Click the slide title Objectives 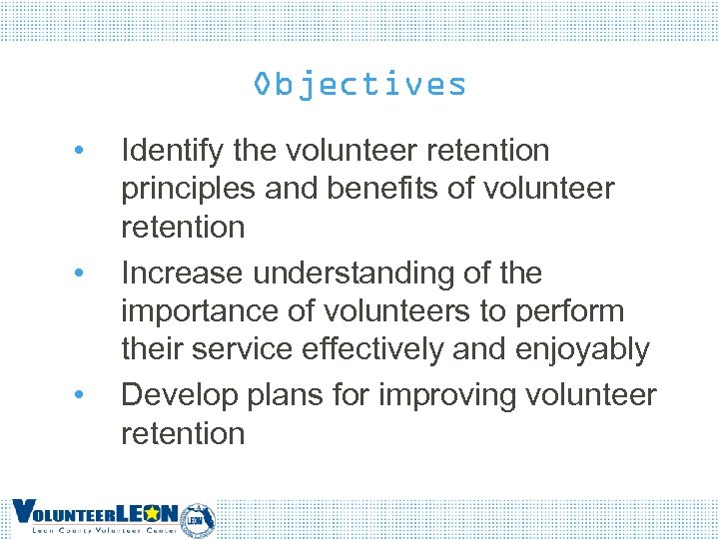click(x=359, y=84)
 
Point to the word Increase click(x=182, y=272)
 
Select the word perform click(x=569, y=311)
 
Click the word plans click(x=284, y=395)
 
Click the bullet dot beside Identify click(x=78, y=152)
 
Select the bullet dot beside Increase click(x=78, y=273)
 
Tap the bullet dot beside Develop click(x=78, y=395)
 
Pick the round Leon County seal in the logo click(x=199, y=518)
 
